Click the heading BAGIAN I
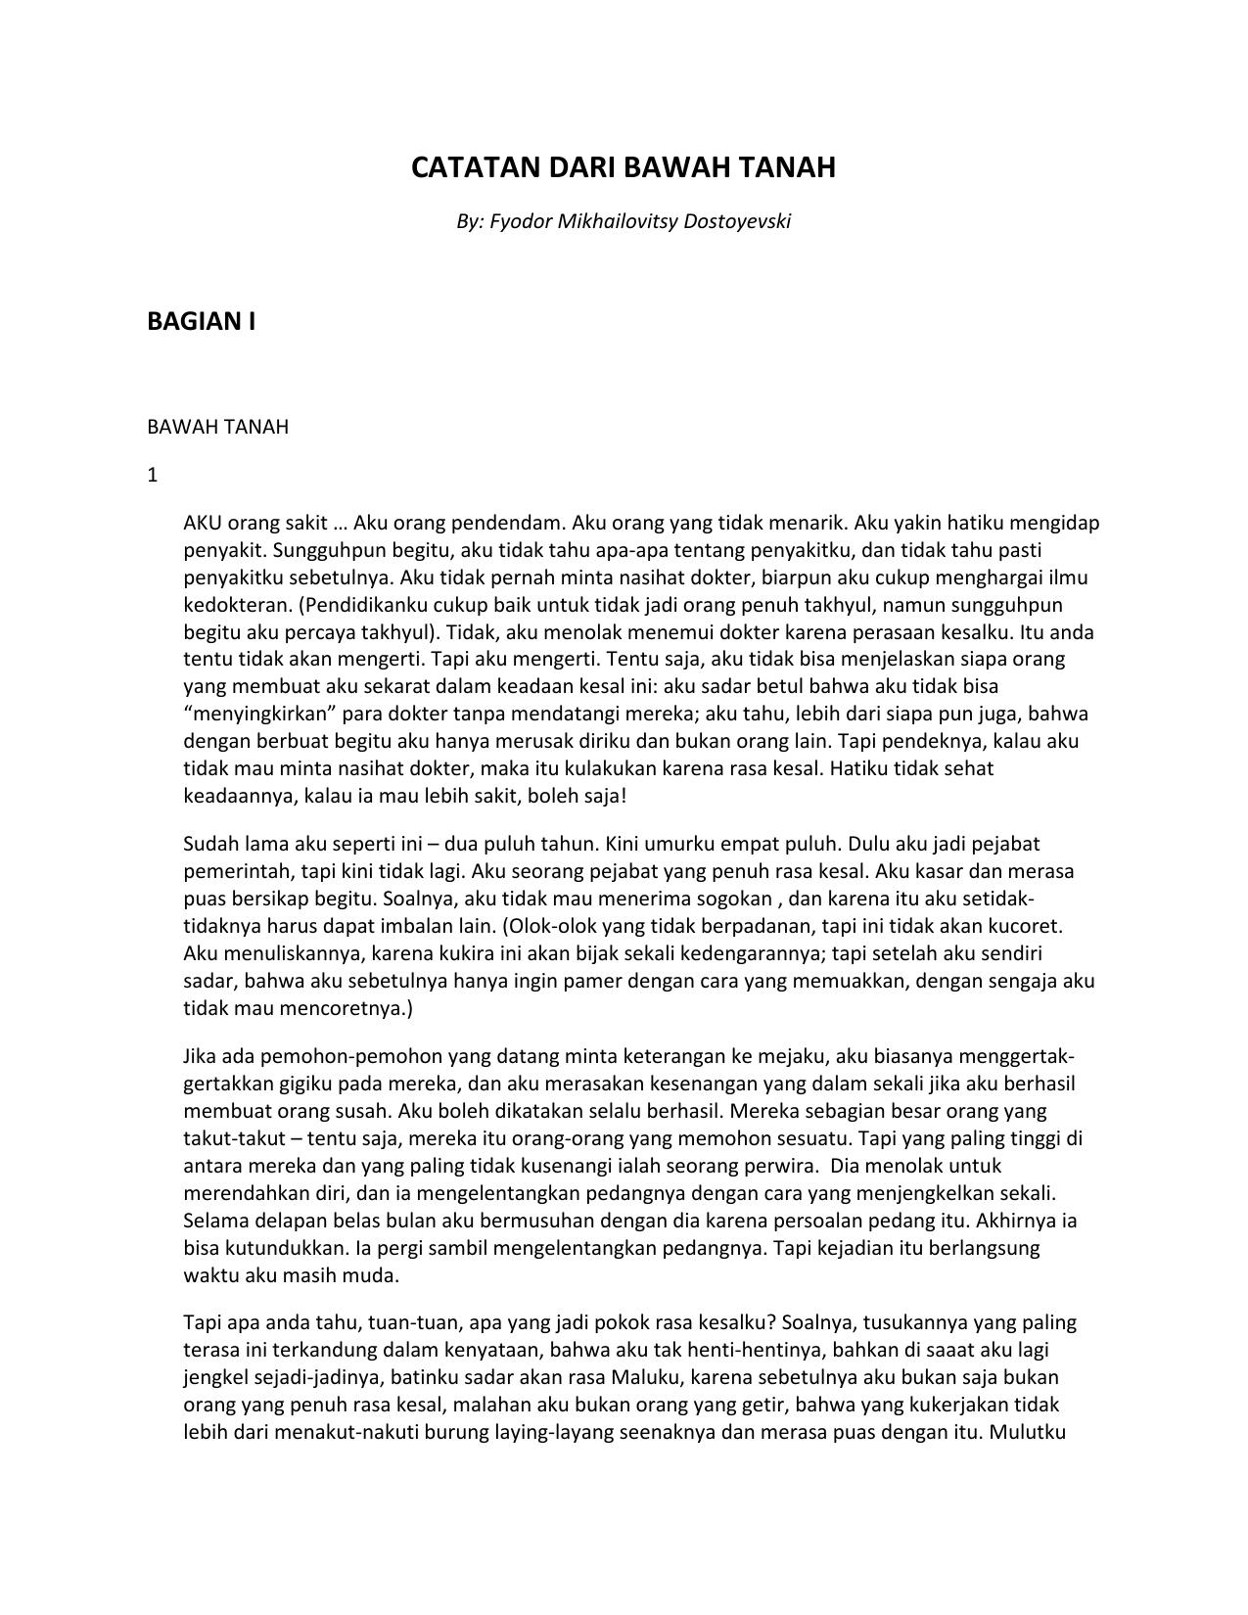coord(201,321)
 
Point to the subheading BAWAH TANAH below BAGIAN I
coord(217,427)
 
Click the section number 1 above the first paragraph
coord(153,476)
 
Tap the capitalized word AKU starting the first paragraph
coord(203,523)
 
